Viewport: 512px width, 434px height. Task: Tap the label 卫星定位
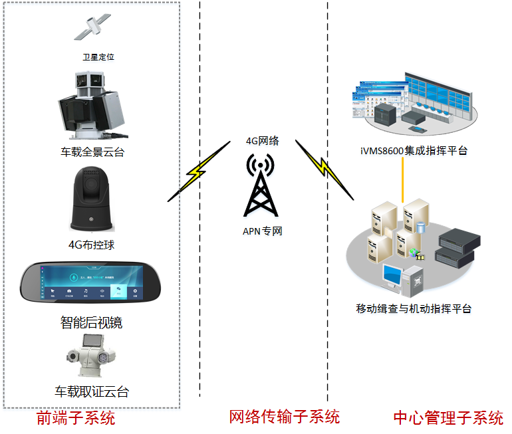(98, 57)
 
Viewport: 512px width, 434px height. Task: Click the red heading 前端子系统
(76, 418)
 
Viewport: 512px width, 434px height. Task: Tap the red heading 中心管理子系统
(448, 418)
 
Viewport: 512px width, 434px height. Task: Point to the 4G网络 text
(261, 140)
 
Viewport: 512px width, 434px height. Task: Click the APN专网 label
(262, 231)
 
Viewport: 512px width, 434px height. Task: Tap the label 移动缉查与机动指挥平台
(414, 308)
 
